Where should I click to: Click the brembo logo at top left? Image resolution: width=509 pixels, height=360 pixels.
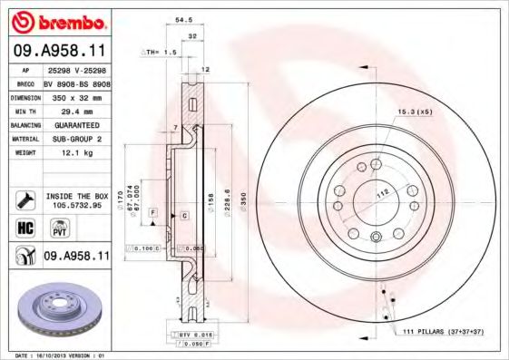coord(55,21)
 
